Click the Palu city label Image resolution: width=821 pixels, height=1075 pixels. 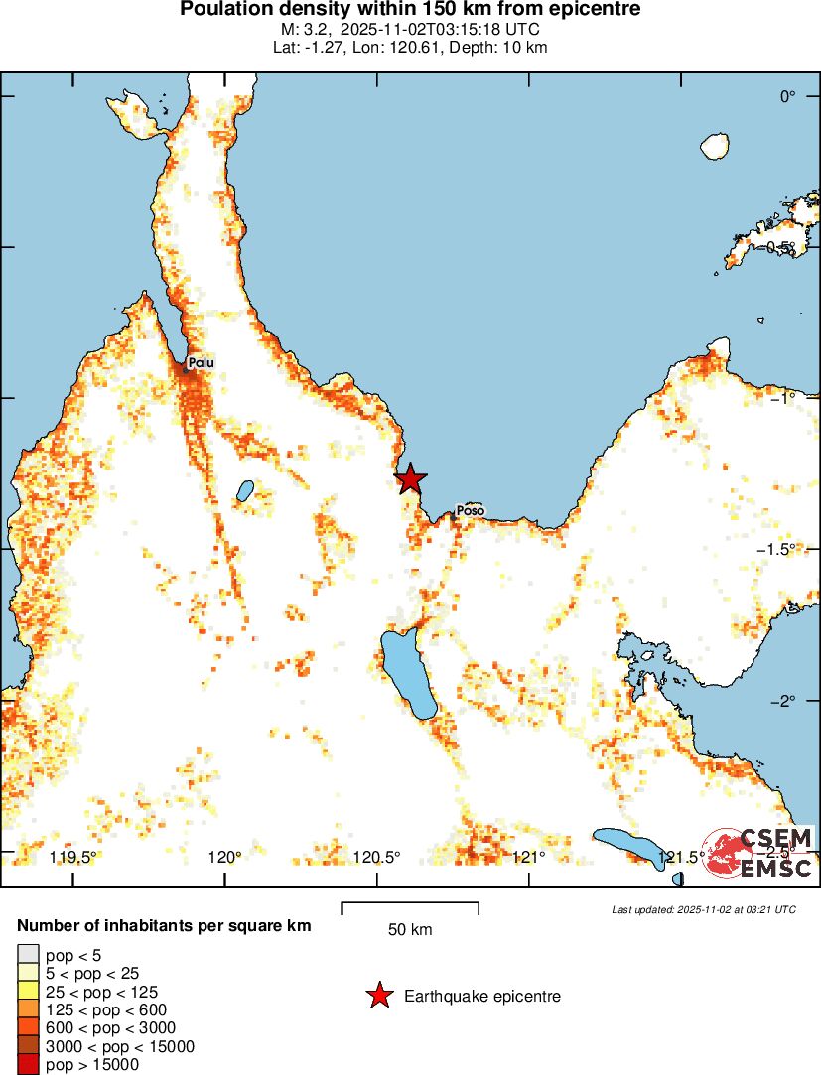pos(201,363)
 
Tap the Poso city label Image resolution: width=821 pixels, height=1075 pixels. pos(471,511)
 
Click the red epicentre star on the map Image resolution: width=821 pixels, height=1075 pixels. pos(410,479)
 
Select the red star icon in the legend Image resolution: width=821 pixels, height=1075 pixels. pos(379,996)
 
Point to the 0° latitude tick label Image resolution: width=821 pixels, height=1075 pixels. pos(787,96)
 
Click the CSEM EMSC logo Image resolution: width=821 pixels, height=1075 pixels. pos(760,853)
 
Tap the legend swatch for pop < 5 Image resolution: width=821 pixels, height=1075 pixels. pos(28,955)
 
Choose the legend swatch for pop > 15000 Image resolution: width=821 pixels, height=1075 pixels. pos(28,1065)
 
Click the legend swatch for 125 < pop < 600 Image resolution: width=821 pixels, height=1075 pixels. pos(28,1010)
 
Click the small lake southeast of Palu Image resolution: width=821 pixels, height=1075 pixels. pos(243,490)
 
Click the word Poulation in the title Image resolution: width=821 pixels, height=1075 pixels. pos(223,10)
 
